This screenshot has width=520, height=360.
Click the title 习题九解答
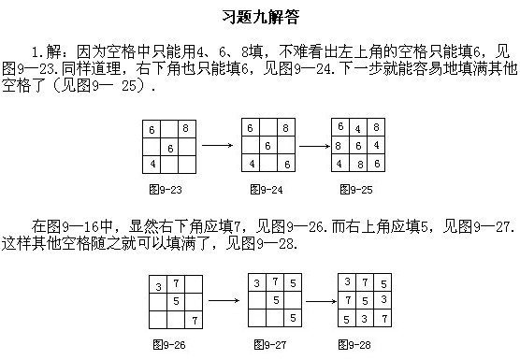(259, 18)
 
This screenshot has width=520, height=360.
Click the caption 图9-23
(167, 190)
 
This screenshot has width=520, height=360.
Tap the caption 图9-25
(356, 190)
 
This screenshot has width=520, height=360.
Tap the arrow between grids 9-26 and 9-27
(221, 301)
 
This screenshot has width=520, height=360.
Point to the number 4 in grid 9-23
(152, 164)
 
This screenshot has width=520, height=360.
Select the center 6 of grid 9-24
(267, 146)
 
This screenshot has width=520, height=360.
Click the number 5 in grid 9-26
(176, 301)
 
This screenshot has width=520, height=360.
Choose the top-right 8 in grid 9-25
(375, 127)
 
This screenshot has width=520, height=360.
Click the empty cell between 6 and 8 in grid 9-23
(168, 129)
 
